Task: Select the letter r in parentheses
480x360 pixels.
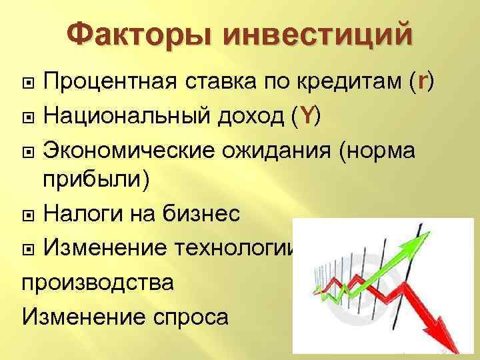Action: pyautogui.click(x=421, y=82)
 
